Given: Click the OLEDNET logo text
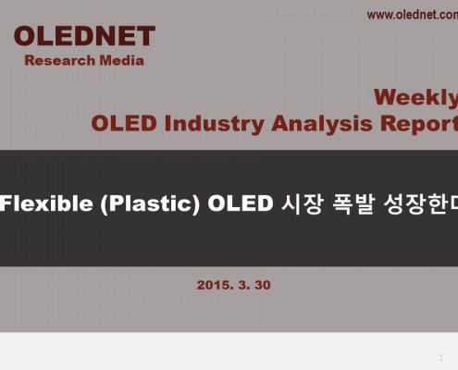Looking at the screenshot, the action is click(x=84, y=36).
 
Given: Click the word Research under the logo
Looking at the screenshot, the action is click(x=60, y=60).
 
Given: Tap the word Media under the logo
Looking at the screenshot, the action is click(x=121, y=60).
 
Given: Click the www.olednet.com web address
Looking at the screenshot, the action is click(x=413, y=15).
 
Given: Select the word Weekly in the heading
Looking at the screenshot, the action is click(x=416, y=98).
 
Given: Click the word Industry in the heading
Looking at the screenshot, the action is click(x=214, y=124).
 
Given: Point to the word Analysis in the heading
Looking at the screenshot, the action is click(x=322, y=124).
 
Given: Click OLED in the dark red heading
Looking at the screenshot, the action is click(x=124, y=124).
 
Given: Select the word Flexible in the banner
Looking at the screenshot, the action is click(x=46, y=203).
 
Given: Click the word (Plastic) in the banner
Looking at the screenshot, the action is click(x=150, y=204).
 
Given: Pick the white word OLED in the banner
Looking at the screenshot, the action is click(x=241, y=203).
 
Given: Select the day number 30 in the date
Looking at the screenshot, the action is click(x=263, y=285).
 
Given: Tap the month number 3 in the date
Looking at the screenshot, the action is click(x=243, y=285).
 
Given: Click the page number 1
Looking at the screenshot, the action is click(x=441, y=358).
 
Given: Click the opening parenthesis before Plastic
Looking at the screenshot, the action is click(x=104, y=204).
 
